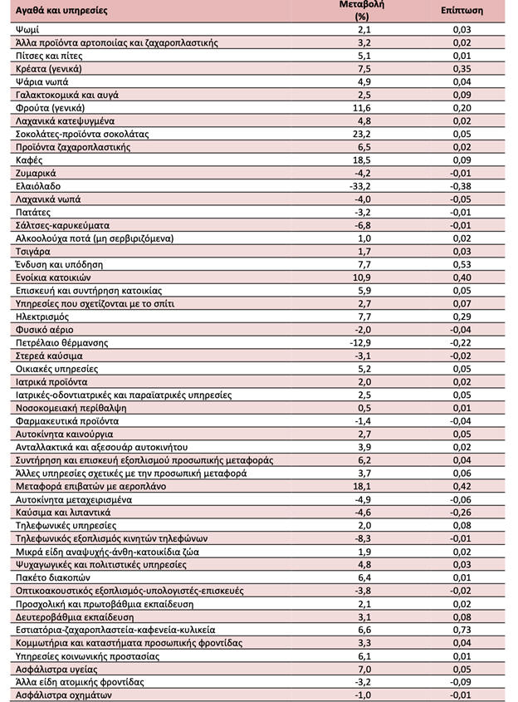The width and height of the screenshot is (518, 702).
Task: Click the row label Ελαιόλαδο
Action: click(38, 186)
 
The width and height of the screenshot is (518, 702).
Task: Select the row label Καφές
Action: click(30, 160)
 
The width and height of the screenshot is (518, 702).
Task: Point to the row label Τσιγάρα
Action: click(33, 251)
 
